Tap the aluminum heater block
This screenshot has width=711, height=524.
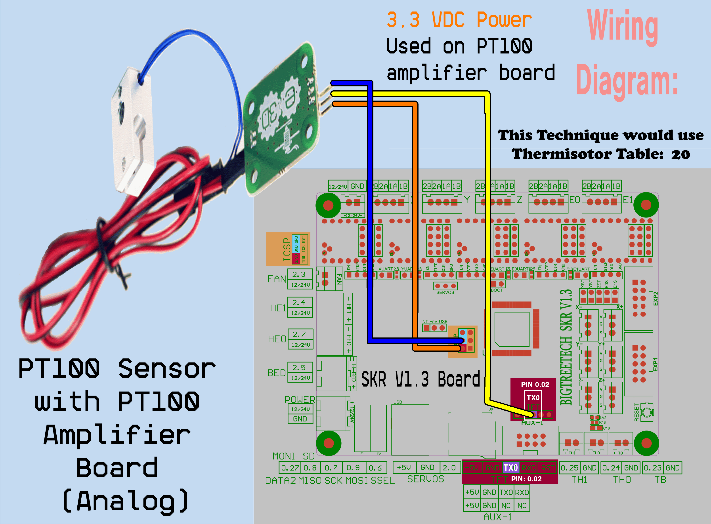pyautogui.click(x=132, y=127)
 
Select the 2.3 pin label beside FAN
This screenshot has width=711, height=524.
pyautogui.click(x=299, y=274)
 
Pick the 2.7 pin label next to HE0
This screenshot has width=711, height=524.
pyautogui.click(x=299, y=334)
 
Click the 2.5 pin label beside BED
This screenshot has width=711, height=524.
pyautogui.click(x=299, y=368)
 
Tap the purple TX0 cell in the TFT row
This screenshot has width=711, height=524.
pyautogui.click(x=510, y=468)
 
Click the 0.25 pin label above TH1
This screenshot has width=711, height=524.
pyautogui.click(x=570, y=468)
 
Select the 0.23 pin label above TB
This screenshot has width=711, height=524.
pyautogui.click(x=652, y=468)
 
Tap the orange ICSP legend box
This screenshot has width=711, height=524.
pyautogui.click(x=287, y=249)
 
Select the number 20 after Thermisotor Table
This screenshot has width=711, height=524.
pyautogui.click(x=680, y=154)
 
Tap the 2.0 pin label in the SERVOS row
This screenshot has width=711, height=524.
pyautogui.click(x=449, y=468)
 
